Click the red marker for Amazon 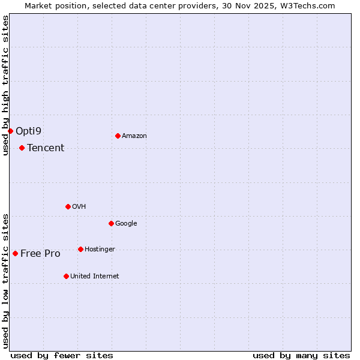coord(118,136)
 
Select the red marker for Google coord(111,223)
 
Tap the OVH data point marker coord(68,206)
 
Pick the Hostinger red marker coord(80,249)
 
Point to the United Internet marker coord(66,276)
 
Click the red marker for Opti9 coord(10,131)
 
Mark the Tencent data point coord(22,148)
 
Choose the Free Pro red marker coord(15,253)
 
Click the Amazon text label coord(134,136)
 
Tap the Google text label coord(126,224)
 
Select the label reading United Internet coord(94,277)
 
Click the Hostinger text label coord(100,250)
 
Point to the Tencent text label coord(46,148)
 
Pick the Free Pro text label coord(40,254)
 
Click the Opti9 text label coord(29,131)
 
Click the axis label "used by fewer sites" coord(62,355)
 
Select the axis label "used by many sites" coord(301,355)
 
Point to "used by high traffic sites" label coord(5,85)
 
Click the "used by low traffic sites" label coord(5,280)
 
